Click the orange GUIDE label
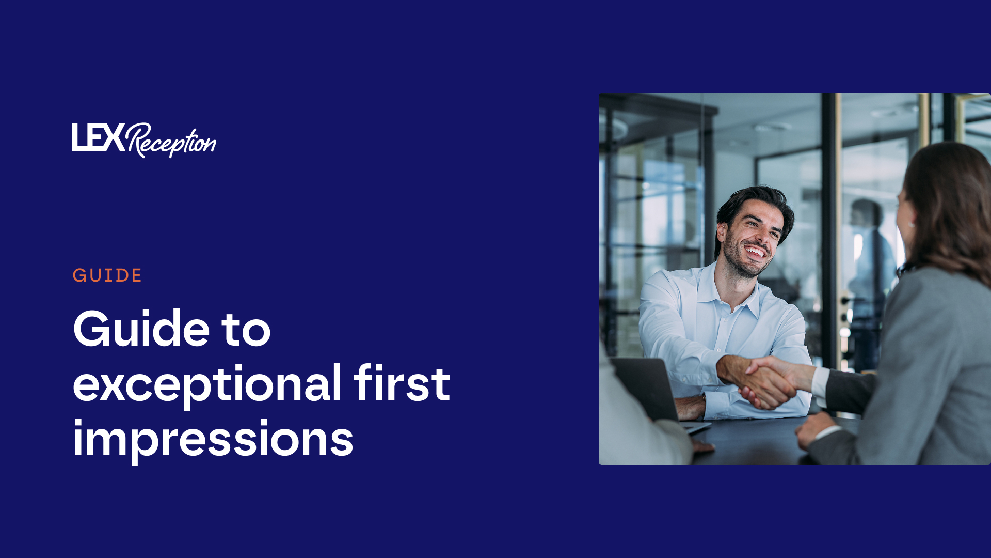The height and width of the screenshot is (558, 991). click(107, 275)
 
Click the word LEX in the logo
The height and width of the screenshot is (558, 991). click(98, 137)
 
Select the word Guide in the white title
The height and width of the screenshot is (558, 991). click(141, 329)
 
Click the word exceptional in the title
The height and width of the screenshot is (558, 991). click(207, 385)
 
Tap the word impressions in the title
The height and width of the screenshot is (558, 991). click(213, 440)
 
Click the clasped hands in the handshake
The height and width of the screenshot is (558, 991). click(764, 382)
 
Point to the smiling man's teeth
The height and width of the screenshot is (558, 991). click(756, 252)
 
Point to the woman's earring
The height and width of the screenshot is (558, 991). click(912, 225)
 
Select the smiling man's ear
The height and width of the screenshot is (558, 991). click(722, 233)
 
